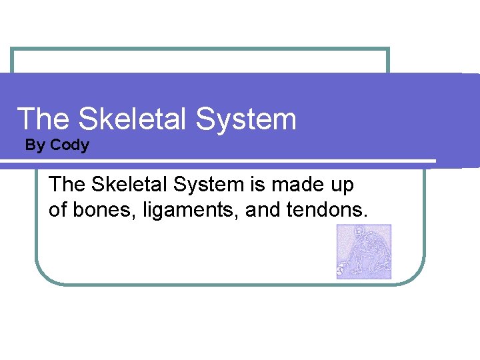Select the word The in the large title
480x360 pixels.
point(43,119)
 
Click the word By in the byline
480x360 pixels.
point(34,145)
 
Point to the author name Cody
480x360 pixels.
point(69,145)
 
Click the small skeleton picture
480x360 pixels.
point(364,251)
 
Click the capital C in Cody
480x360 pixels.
point(55,145)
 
